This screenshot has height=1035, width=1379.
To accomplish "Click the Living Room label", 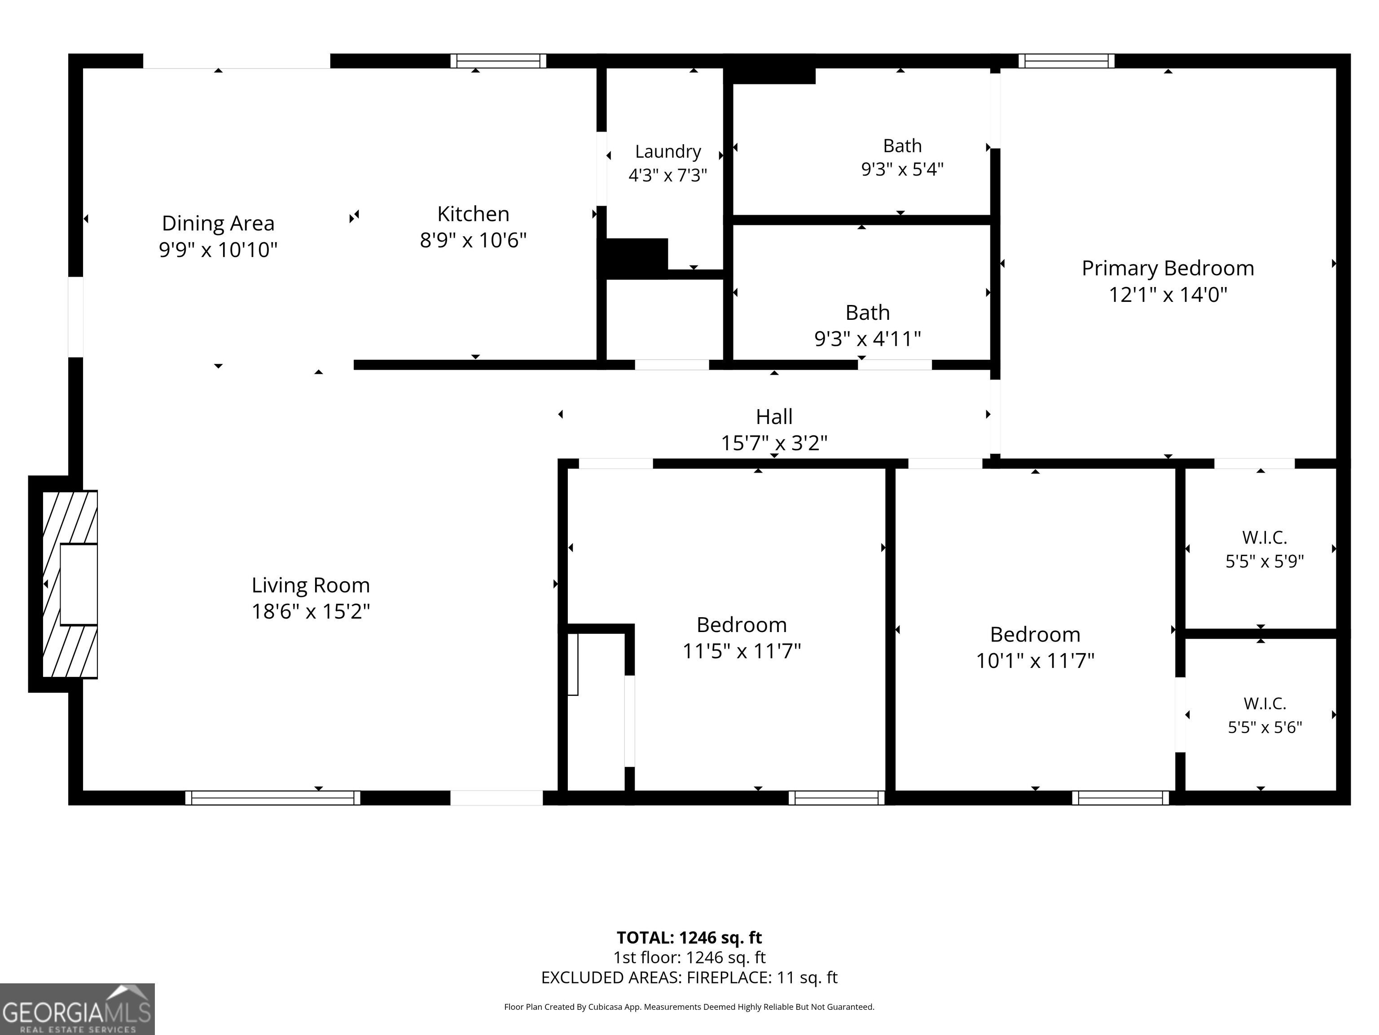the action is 311,585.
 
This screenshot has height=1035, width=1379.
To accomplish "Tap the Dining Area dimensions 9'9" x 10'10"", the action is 218,250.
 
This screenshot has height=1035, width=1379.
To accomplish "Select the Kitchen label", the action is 473,214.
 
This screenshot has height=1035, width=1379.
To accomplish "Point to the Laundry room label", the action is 668,151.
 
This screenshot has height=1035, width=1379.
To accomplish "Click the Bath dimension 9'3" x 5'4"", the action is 902,169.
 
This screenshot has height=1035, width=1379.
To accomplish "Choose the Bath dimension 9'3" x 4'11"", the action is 867,338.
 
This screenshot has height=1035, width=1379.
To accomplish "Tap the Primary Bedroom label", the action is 1168,268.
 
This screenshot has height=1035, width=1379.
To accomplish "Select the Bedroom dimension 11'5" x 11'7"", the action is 741,651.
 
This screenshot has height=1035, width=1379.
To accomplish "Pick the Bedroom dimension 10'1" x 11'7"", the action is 1035,660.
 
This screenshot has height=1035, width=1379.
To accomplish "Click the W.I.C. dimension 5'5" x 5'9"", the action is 1264,561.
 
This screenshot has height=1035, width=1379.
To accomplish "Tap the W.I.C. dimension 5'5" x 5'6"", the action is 1265,727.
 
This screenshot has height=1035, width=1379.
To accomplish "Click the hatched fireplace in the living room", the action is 69,584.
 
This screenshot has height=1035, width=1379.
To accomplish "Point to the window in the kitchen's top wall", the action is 498,61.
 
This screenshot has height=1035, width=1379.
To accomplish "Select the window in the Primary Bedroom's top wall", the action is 1067,61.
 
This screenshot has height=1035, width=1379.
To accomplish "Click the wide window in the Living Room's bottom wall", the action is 272,797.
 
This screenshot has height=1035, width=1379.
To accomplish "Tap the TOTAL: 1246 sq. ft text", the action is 689,937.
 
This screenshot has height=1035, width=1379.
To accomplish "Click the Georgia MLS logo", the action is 77,1009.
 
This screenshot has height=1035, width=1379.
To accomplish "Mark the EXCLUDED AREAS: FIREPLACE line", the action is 689,977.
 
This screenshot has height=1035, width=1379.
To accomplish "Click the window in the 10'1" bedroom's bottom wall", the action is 1120,797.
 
